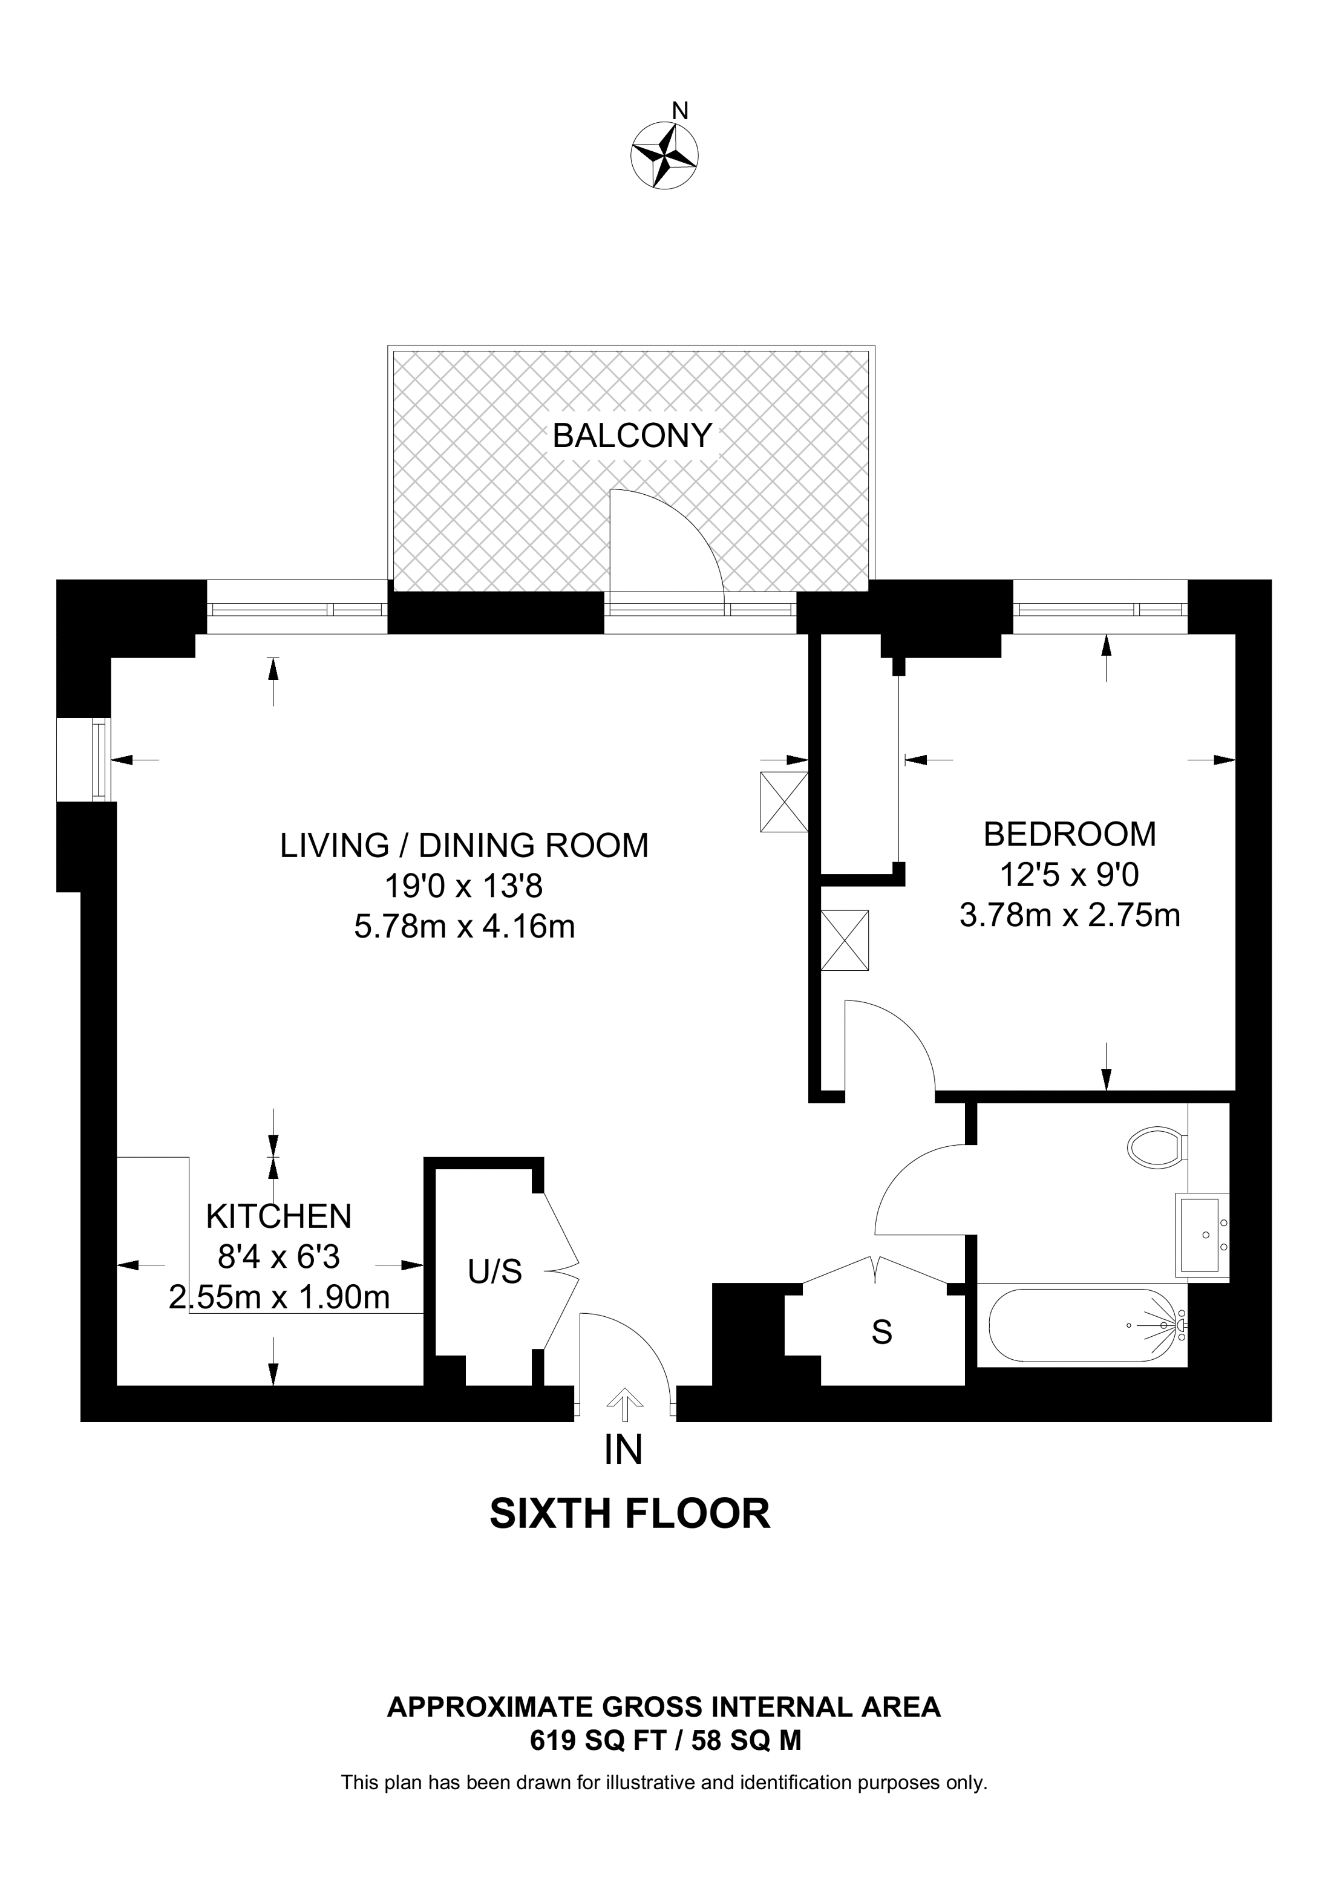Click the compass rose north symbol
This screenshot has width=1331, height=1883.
click(x=664, y=152)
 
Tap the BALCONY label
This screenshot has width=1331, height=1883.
click(x=632, y=436)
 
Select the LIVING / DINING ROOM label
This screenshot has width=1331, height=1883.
click(x=464, y=846)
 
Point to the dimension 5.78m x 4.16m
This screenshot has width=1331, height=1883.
click(x=464, y=927)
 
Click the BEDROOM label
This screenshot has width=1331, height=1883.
click(x=1070, y=834)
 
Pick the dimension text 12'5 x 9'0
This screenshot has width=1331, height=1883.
click(x=1070, y=875)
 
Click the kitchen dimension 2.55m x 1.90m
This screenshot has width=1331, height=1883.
click(x=279, y=1297)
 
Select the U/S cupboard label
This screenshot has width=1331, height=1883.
click(x=494, y=1272)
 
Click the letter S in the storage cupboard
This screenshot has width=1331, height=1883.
click(x=881, y=1333)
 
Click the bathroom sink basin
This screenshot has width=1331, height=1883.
click(x=1202, y=1235)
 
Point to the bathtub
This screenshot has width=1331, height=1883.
click(x=1087, y=1325)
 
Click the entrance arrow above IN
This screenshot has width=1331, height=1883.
click(x=625, y=1403)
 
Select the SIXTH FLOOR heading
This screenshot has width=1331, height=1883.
click(x=630, y=1514)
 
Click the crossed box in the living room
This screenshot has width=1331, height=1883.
click(x=784, y=802)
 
